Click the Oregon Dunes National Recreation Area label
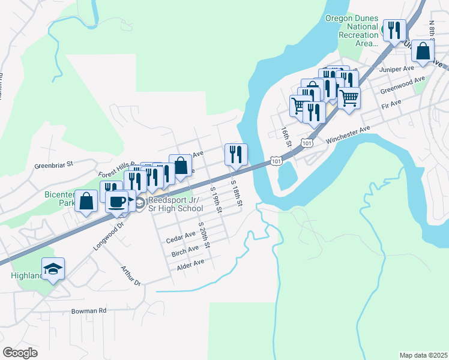click(x=352, y=31)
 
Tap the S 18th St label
click(x=237, y=194)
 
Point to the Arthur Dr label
click(x=130, y=276)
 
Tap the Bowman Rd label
click(x=88, y=311)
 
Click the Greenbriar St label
click(x=53, y=163)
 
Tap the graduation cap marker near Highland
click(x=53, y=268)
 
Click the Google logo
click(x=20, y=352)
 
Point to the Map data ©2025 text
click(x=423, y=355)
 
